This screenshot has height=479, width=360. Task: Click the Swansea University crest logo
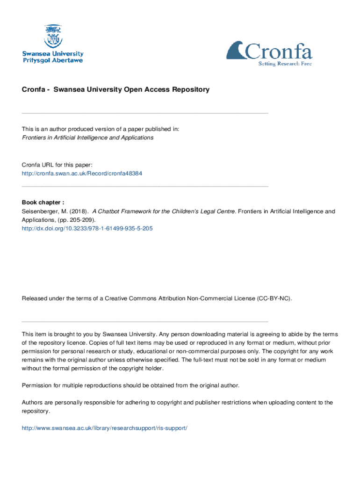[x=52, y=36]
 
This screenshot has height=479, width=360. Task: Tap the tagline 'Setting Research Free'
[x=285, y=64]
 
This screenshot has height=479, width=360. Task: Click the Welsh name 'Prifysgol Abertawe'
[x=53, y=61]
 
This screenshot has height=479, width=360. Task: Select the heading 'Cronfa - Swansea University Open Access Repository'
[x=116, y=89]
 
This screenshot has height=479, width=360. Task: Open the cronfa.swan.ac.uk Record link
[x=82, y=173]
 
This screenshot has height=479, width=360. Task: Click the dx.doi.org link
[x=87, y=228]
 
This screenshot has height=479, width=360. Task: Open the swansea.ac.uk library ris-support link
[x=105, y=428]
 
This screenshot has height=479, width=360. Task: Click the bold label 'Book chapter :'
[x=43, y=203]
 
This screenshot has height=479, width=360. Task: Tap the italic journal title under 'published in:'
[x=87, y=138]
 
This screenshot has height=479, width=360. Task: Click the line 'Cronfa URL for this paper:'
[x=57, y=165]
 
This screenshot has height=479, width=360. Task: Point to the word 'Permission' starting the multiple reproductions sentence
[x=37, y=385]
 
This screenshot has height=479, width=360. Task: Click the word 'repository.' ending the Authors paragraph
[x=36, y=411]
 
